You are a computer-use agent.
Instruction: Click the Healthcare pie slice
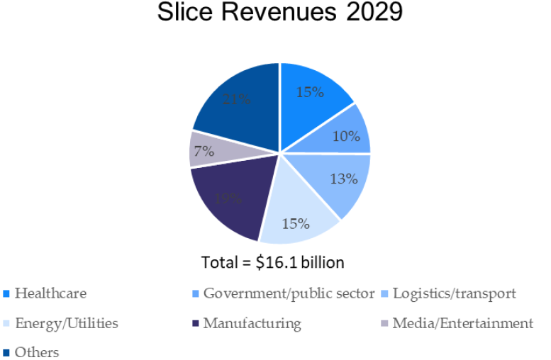pos(312,99)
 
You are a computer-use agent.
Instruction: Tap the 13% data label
pos(343,179)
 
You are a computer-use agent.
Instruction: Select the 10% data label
pos(346,136)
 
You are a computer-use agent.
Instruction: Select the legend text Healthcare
pos(50,293)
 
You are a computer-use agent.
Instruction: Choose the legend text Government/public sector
pos(289,293)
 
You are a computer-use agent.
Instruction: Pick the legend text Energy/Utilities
pos(66,323)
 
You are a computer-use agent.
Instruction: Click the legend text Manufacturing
pos(252,323)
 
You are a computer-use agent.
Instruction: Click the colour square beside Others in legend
pos(6,352)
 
